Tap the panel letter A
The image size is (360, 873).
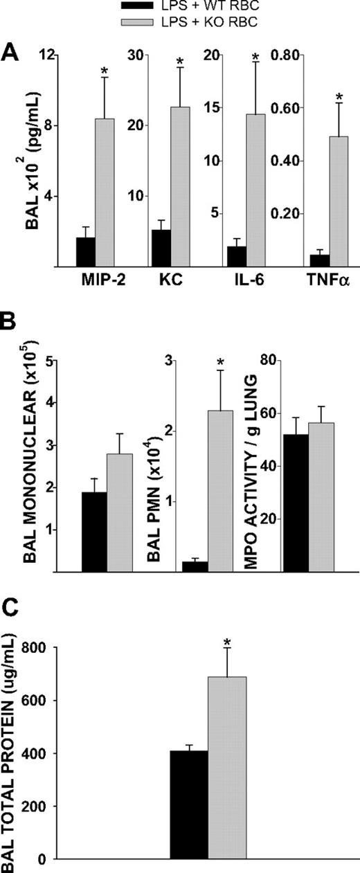point(10,51)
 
